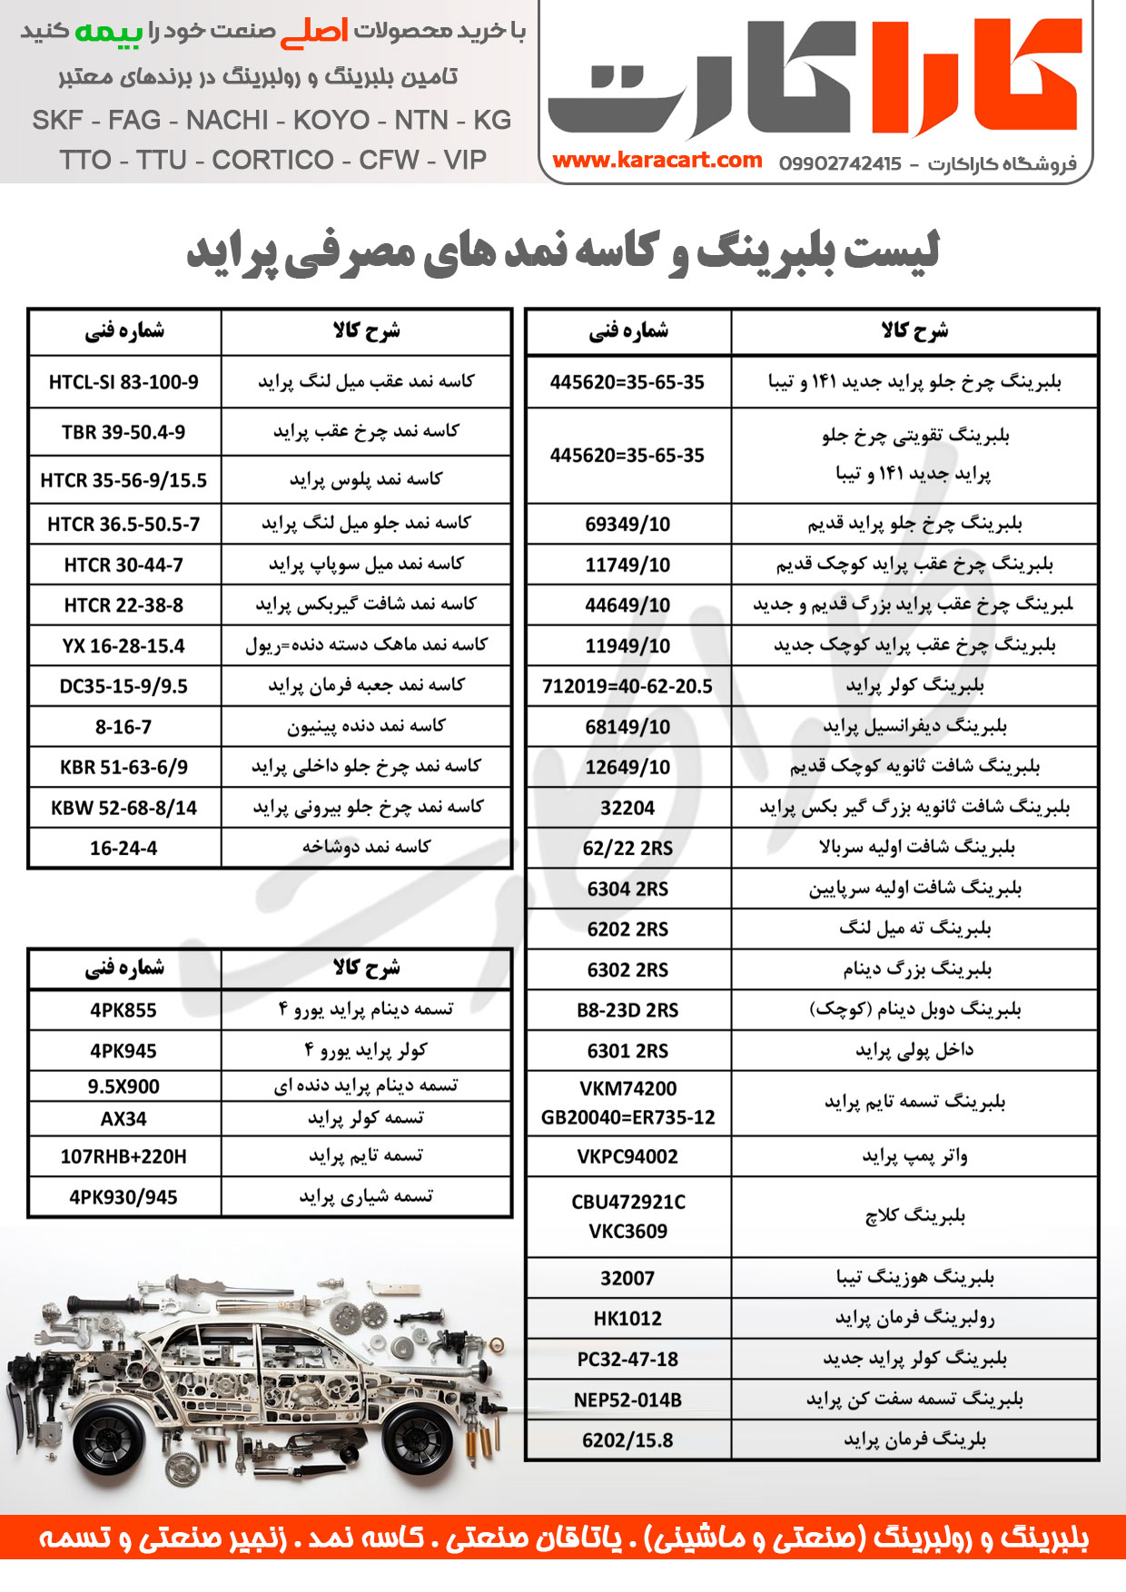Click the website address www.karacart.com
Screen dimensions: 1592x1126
tap(657, 161)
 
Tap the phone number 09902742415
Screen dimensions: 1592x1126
tap(840, 163)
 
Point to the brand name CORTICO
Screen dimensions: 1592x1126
tap(273, 160)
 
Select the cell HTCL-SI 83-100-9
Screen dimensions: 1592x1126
tap(123, 382)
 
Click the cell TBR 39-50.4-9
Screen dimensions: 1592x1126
tap(123, 432)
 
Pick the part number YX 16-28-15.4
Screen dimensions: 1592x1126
tap(123, 645)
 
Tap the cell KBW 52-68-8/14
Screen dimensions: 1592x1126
tap(123, 807)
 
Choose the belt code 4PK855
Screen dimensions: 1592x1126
tap(123, 1009)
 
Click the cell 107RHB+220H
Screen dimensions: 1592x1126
tap(123, 1156)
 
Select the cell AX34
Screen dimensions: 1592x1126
tap(123, 1118)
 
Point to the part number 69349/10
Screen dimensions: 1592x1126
tap(627, 524)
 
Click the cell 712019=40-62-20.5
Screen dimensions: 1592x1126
tap(627, 686)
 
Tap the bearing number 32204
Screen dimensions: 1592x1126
tap(627, 807)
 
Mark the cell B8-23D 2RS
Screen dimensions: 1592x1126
tap(627, 1009)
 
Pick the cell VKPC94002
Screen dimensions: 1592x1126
tap(627, 1156)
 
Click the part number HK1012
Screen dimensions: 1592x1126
tap(627, 1318)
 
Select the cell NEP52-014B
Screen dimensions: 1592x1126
tap(627, 1400)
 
